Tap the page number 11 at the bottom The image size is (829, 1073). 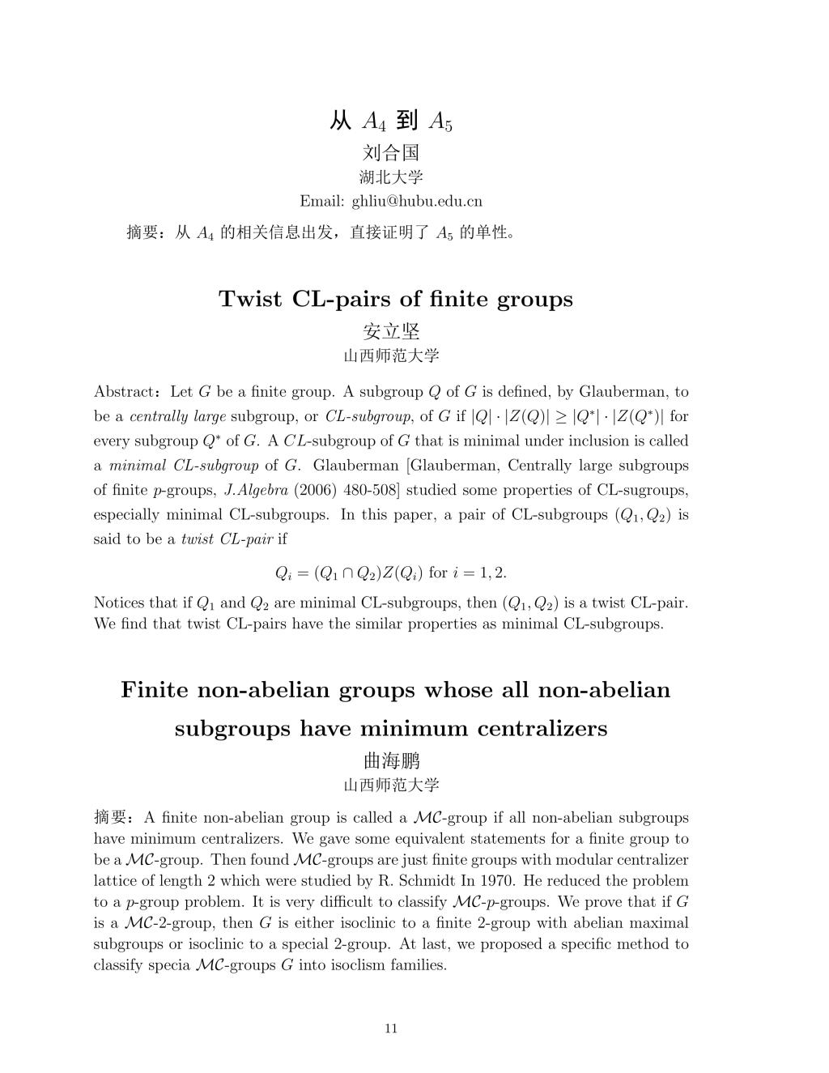pyautogui.click(x=391, y=1028)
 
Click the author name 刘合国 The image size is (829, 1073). pyautogui.click(x=391, y=152)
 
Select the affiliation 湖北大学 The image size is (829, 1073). pyautogui.click(x=391, y=177)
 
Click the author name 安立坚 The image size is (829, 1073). pyautogui.click(x=391, y=331)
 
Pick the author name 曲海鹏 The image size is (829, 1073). pyautogui.click(x=391, y=761)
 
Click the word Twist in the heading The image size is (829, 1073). pyautogui.click(x=251, y=300)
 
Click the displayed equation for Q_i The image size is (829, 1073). pyautogui.click(x=391, y=573)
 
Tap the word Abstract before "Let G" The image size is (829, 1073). pyautogui.click(x=124, y=393)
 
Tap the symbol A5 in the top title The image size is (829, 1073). pyautogui.click(x=440, y=122)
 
